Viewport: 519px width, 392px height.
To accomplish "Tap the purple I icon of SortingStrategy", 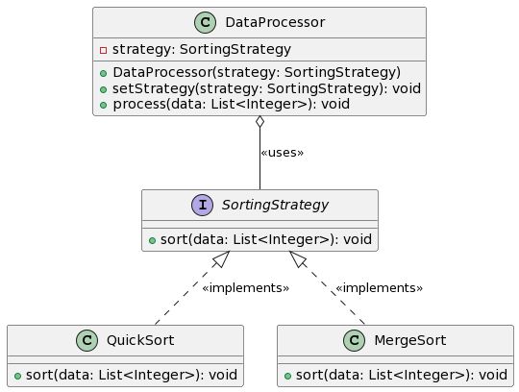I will coord(203,205).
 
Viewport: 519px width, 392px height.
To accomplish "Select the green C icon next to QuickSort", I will coord(87,340).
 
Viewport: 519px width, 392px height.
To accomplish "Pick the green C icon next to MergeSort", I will coord(355,340).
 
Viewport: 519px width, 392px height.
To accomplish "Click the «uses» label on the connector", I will coord(282,153).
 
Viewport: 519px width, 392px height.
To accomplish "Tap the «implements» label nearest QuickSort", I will coord(245,288).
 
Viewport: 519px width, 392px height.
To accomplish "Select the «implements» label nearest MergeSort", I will coord(379,288).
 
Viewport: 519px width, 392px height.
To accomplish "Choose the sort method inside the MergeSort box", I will coord(396,375).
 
